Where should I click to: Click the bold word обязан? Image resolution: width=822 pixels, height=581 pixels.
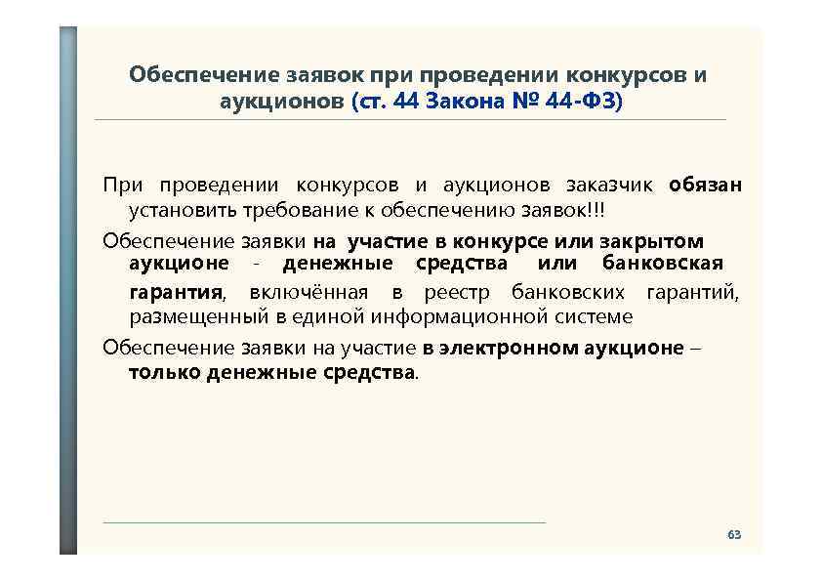tap(706, 186)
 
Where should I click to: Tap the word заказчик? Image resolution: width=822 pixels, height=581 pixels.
tap(613, 186)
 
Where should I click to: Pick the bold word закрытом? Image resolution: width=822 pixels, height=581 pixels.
tap(659, 240)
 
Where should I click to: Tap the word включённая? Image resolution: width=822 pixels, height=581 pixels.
tap(308, 292)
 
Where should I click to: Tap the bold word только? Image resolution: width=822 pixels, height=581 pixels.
tap(165, 372)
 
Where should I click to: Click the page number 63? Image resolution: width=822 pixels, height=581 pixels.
tap(734, 535)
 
